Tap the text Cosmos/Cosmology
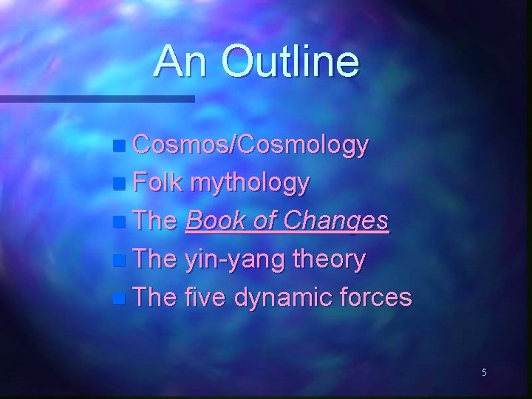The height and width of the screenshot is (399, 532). tap(249, 146)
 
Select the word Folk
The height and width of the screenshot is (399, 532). tap(156, 183)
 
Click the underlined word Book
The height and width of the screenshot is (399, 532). tap(218, 221)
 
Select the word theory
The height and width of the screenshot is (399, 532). tap(330, 260)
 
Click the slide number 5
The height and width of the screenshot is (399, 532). tap(484, 372)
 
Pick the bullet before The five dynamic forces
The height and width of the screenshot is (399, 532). tap(120, 299)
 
